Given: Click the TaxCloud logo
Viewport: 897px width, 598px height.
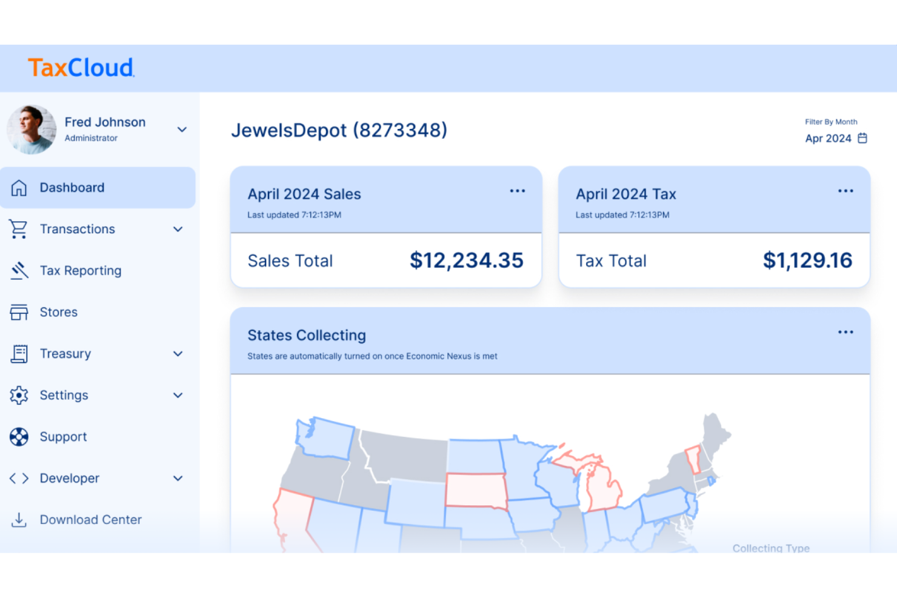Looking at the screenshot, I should (x=81, y=67).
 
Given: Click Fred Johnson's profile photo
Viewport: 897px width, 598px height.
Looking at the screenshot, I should (x=32, y=130).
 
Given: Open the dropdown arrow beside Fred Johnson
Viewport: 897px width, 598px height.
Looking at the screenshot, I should (x=182, y=130).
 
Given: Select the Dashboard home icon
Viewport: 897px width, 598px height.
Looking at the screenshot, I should (x=19, y=188).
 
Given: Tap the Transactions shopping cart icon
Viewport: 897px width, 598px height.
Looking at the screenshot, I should (x=19, y=229).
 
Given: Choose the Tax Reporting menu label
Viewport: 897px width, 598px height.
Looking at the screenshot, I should (x=81, y=271).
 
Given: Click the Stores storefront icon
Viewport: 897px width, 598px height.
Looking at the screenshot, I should (x=19, y=312).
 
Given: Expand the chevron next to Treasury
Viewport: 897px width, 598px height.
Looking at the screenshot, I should (x=178, y=354).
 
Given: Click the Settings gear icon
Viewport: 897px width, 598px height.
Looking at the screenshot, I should (x=19, y=395).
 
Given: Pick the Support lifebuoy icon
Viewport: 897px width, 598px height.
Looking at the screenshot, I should (x=19, y=437).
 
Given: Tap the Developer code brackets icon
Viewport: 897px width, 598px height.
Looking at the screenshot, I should (x=19, y=479).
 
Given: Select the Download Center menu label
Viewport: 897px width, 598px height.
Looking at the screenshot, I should (x=91, y=520).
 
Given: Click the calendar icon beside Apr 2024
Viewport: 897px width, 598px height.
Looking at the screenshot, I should (x=862, y=138).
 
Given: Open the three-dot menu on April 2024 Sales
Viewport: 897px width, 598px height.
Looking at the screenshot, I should (x=517, y=191).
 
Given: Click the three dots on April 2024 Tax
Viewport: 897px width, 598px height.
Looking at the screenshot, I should (x=845, y=191).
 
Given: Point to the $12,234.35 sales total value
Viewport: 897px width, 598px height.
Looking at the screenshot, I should (x=466, y=261).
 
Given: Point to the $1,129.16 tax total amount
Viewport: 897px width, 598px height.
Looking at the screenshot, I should (x=807, y=261).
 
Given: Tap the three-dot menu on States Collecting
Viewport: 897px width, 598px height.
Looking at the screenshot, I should (x=845, y=332).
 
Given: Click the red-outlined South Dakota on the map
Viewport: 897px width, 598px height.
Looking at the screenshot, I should (x=476, y=490).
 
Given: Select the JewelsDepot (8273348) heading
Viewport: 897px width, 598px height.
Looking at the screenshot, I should (x=339, y=130).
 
